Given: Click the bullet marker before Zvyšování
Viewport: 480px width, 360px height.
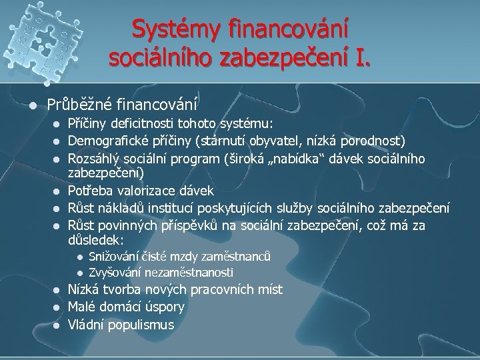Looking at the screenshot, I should [79, 273].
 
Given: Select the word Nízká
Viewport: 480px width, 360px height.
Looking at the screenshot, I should [84, 290].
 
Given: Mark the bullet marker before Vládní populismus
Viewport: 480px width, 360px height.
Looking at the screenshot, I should [56, 325].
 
